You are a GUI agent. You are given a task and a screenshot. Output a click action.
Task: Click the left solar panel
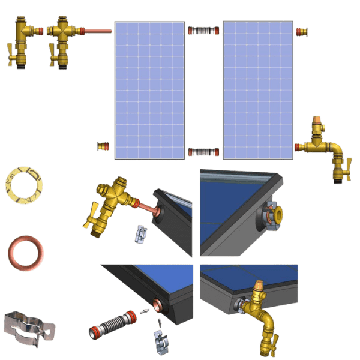tap(149, 90)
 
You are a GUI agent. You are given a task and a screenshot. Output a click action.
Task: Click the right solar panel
tap(257, 90)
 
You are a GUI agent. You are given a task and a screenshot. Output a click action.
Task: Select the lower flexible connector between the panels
tap(203, 152)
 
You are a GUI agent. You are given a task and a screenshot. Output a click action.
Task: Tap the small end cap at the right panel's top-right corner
tap(303, 29)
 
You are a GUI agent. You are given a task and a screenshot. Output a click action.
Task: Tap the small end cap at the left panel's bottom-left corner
tap(104, 146)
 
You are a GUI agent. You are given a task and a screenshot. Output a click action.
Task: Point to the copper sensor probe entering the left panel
tap(96, 31)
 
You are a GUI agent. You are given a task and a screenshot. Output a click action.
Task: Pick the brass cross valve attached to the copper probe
tap(61, 33)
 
